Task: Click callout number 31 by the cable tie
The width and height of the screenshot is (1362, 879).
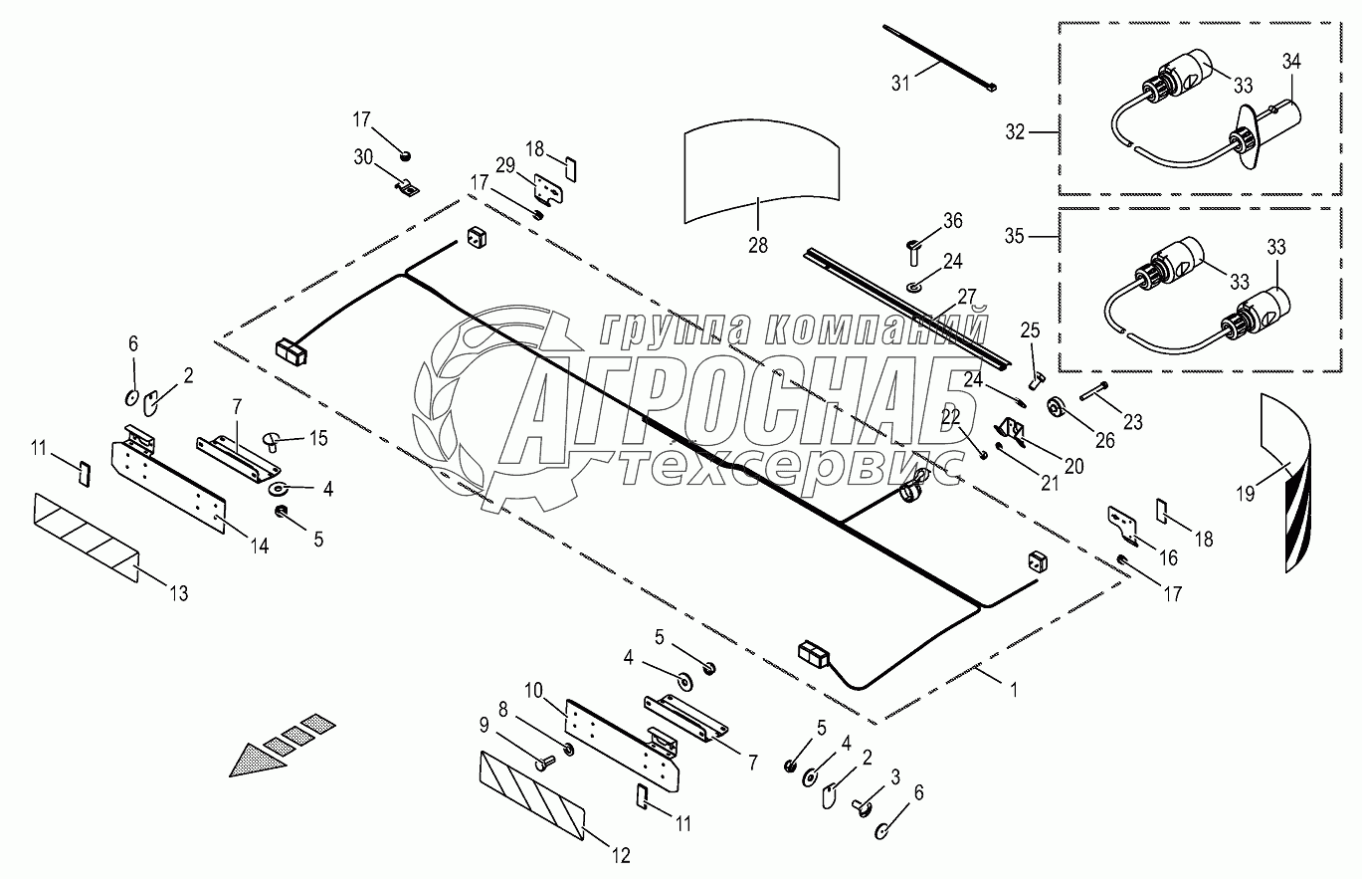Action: coord(900,84)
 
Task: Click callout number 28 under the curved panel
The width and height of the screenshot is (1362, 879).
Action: coord(758,245)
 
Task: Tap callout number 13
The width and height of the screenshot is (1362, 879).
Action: coord(177,594)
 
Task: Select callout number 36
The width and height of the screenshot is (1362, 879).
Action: coord(953,220)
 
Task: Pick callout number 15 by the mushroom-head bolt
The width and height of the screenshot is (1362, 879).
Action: coord(318,437)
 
